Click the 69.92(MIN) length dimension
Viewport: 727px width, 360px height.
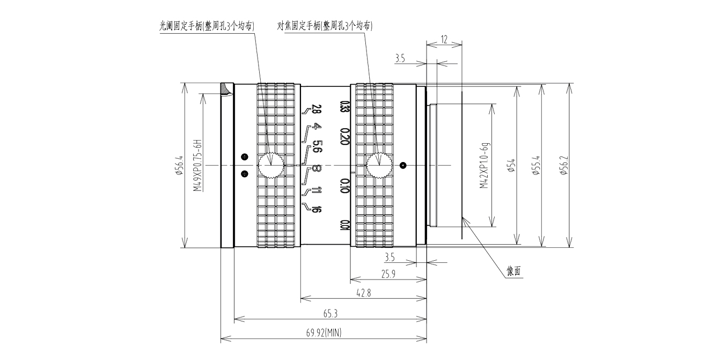pyautogui.click(x=324, y=333)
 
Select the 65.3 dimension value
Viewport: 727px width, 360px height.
pyautogui.click(x=331, y=313)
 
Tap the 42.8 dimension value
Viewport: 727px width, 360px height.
pyautogui.click(x=364, y=293)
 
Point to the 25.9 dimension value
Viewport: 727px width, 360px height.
pyautogui.click(x=388, y=274)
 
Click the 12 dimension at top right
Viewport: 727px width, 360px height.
pyautogui.click(x=444, y=40)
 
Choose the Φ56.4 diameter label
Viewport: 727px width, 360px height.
pyautogui.click(x=180, y=166)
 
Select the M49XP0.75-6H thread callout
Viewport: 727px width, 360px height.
pyautogui.click(x=197, y=166)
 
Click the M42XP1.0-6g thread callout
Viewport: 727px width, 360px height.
pyautogui.click(x=484, y=166)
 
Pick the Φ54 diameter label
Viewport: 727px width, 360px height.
pyautogui.click(x=512, y=166)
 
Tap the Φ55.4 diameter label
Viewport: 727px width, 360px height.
pyautogui.click(x=536, y=166)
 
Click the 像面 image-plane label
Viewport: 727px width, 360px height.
pyautogui.click(x=514, y=271)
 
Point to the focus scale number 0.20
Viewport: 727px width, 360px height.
pyautogui.click(x=344, y=136)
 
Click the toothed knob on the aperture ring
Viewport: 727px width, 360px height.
pyautogui.click(x=271, y=165)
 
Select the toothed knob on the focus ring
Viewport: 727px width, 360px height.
pyautogui.click(x=379, y=165)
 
